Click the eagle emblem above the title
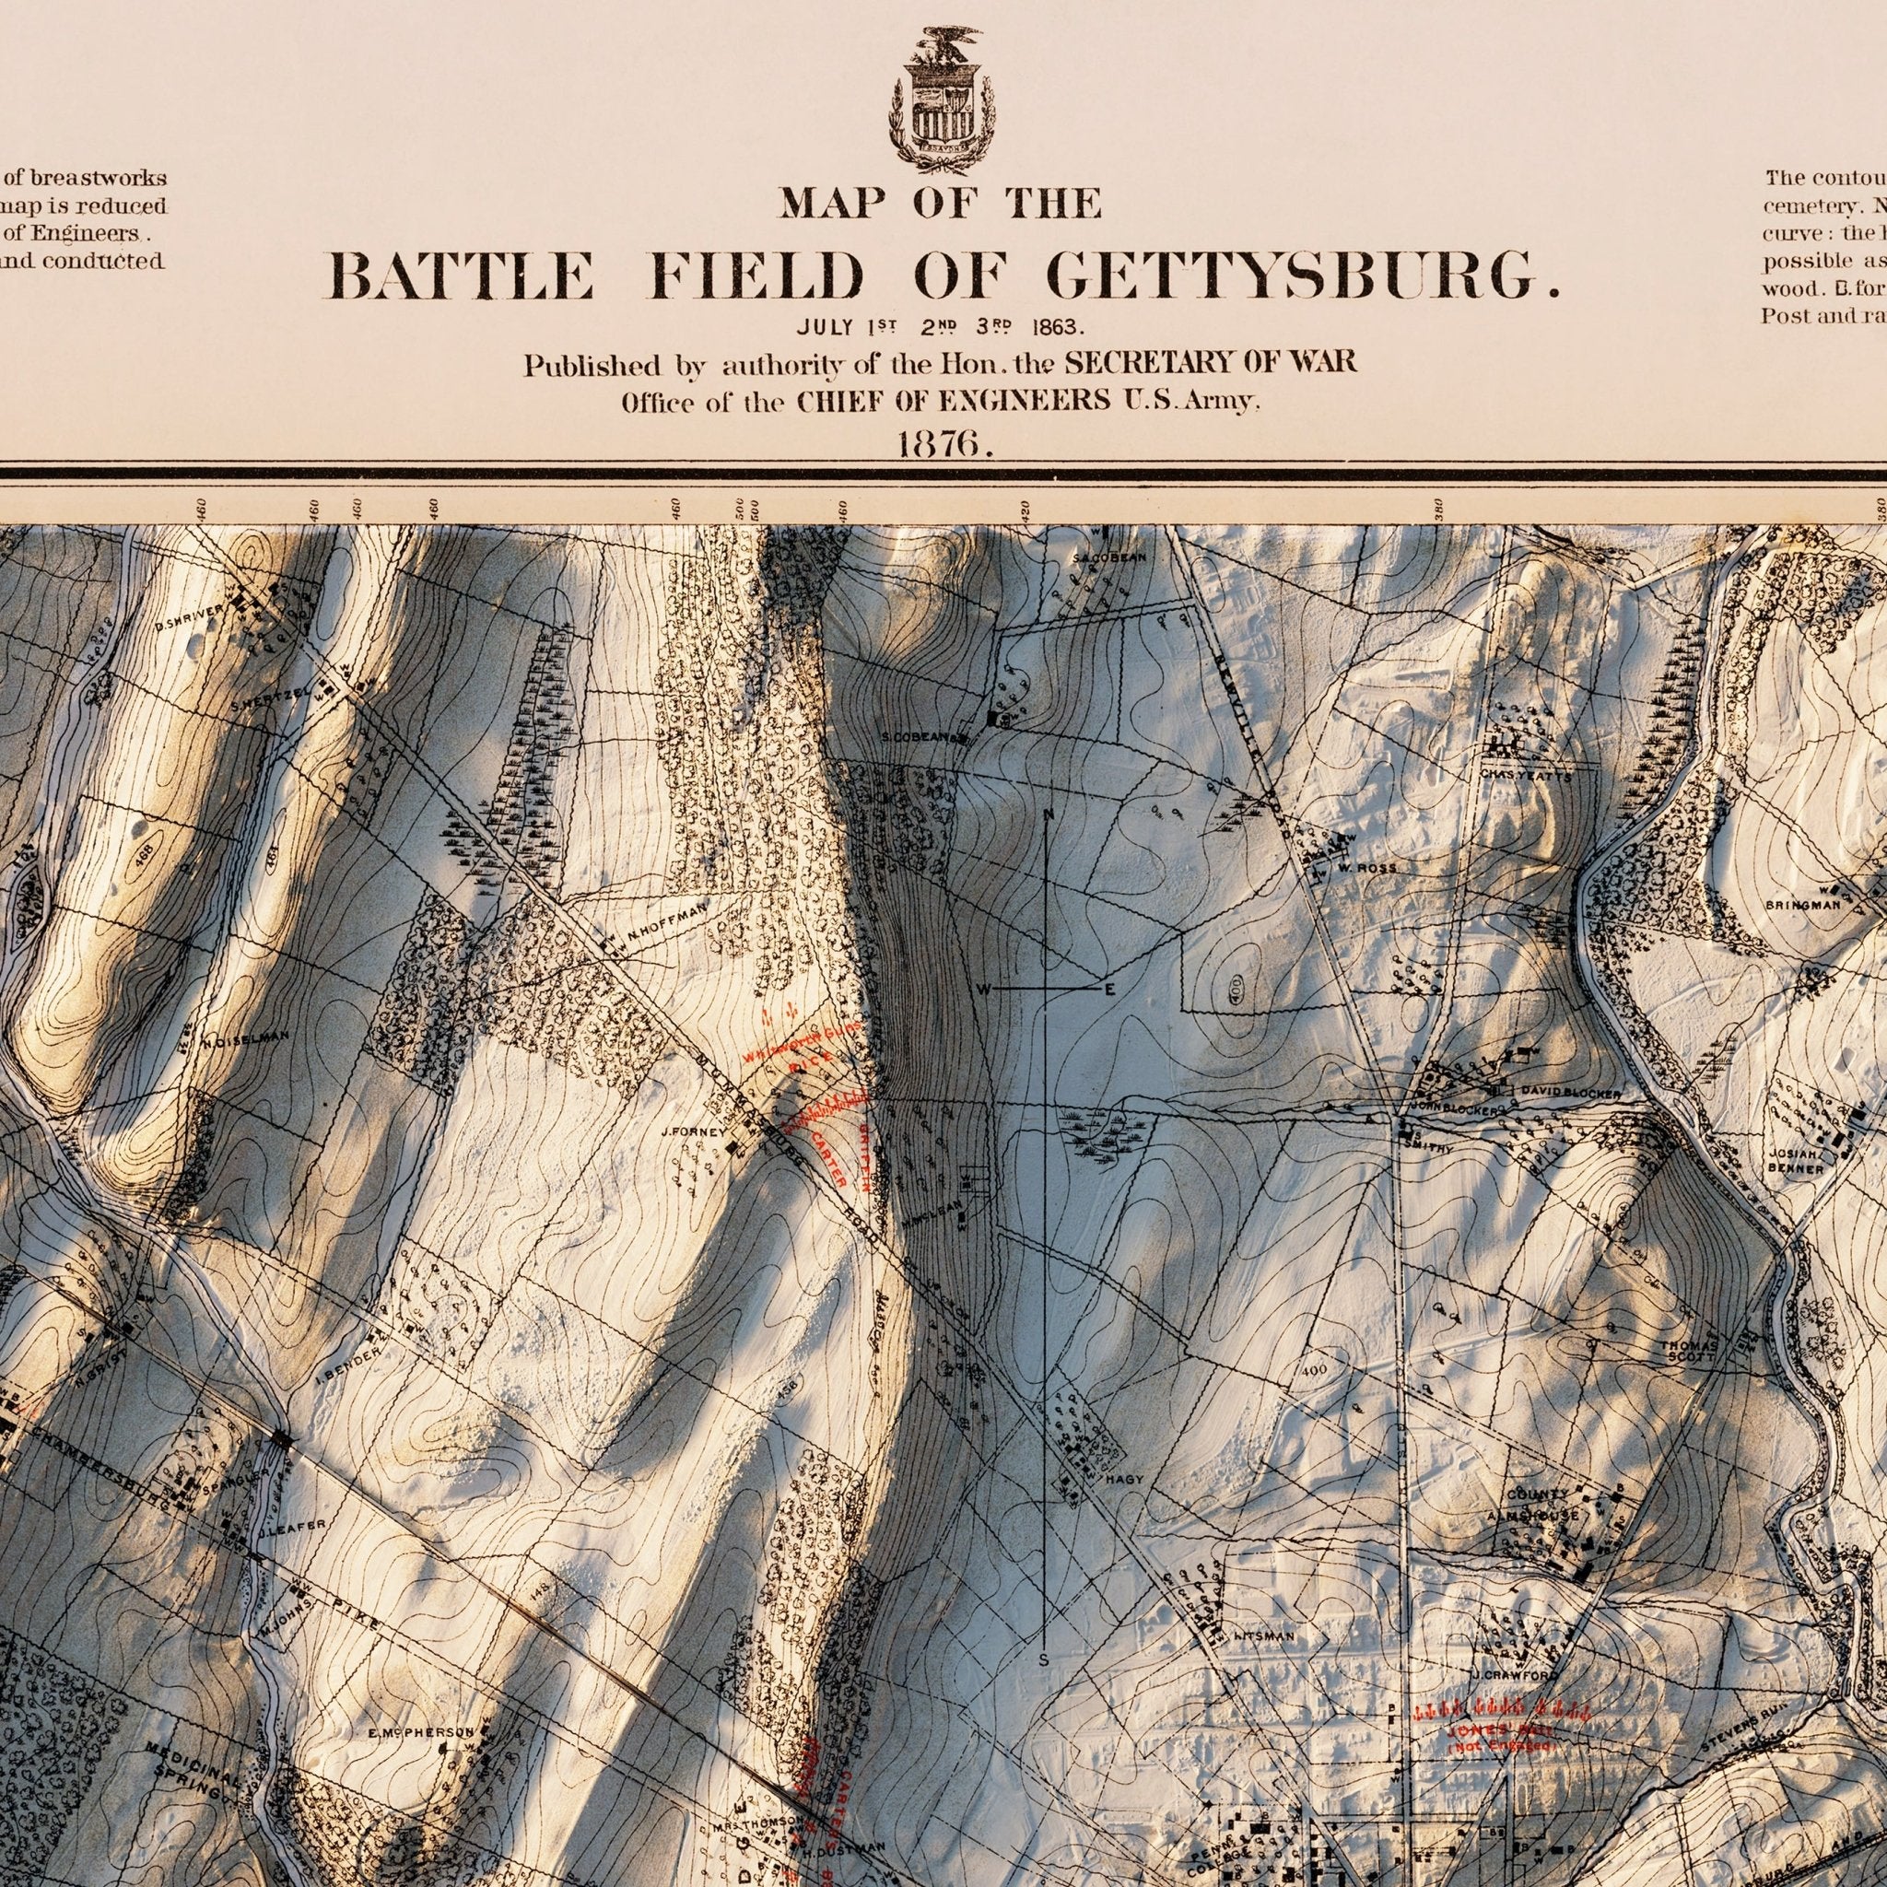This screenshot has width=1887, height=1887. click(x=943, y=99)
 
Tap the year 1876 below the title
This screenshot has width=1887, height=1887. click(x=944, y=443)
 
